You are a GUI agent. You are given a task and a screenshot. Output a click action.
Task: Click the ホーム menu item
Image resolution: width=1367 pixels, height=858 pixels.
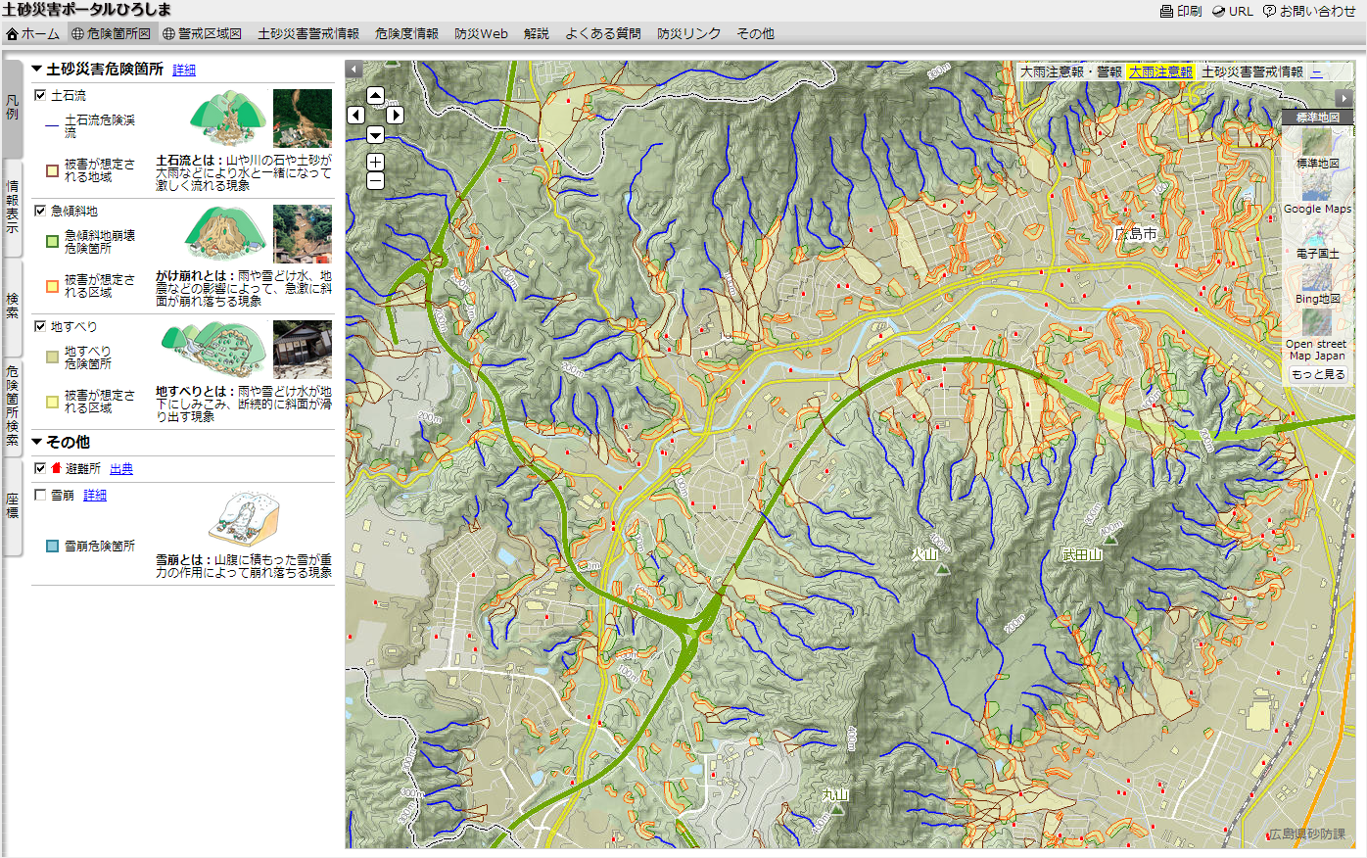click(33, 33)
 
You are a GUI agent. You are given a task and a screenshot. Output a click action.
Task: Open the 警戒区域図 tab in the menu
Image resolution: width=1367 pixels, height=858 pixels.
click(203, 33)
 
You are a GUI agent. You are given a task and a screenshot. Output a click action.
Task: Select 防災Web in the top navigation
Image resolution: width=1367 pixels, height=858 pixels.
click(481, 33)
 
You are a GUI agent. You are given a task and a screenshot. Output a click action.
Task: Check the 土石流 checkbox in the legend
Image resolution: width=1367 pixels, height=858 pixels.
click(40, 95)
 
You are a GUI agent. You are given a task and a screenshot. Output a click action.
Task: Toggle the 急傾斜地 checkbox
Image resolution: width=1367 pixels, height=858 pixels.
click(40, 211)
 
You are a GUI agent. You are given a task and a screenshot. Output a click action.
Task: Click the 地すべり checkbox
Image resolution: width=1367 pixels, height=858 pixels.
click(40, 326)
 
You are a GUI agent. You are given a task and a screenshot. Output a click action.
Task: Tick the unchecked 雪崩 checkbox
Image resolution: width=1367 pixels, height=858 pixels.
click(40, 495)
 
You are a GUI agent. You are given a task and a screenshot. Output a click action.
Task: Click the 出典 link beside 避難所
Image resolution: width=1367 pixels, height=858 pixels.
click(121, 469)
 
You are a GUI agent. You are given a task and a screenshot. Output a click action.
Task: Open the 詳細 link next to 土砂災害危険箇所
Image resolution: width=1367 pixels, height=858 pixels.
click(184, 70)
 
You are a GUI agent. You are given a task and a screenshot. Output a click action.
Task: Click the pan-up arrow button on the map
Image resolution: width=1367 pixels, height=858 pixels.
click(375, 95)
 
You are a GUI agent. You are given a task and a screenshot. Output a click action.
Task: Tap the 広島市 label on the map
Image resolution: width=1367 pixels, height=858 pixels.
click(1136, 233)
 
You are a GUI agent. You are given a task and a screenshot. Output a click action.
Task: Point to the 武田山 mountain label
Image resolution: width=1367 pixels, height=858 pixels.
click(1082, 554)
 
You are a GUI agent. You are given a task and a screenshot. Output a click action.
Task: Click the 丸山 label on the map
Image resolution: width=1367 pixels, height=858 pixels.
click(835, 795)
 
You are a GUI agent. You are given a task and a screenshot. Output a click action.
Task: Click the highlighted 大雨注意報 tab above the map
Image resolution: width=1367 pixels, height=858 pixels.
click(1160, 71)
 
